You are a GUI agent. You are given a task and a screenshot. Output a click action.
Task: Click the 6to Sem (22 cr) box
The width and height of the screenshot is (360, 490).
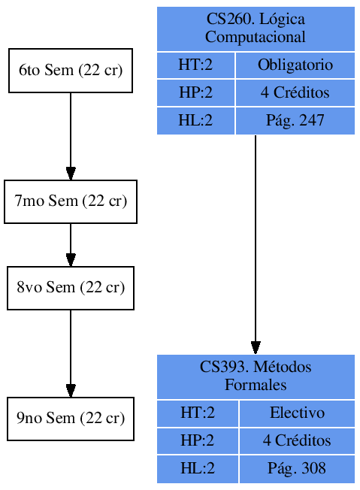point(71,71)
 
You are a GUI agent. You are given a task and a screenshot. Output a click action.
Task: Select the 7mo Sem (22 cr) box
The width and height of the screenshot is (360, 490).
point(71,201)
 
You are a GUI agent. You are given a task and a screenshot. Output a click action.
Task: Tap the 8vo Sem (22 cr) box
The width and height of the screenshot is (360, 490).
point(71,288)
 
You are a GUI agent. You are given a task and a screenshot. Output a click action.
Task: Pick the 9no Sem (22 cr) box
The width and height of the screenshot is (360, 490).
point(71,419)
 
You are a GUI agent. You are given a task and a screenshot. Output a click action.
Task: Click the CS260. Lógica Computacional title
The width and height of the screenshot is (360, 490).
point(256,29)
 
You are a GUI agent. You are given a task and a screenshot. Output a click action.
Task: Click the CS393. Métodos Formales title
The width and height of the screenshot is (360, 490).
point(256,376)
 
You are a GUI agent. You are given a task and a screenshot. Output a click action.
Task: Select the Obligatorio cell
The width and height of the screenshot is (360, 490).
point(295,65)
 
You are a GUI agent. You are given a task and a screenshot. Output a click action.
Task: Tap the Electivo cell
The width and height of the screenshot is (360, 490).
point(297,413)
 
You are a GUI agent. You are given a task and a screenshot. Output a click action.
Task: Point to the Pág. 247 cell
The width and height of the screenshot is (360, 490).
point(295,120)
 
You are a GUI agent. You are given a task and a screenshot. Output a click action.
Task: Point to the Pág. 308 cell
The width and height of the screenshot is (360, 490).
point(297,468)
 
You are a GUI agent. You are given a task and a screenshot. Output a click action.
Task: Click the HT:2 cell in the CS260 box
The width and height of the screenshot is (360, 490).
point(195,65)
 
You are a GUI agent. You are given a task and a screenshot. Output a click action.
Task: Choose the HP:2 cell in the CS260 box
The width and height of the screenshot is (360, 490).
point(195,93)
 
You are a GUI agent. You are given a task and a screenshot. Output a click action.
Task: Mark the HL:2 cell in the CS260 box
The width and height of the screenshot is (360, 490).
point(195,120)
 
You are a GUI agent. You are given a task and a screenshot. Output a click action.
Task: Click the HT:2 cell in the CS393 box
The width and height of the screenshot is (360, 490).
point(198,413)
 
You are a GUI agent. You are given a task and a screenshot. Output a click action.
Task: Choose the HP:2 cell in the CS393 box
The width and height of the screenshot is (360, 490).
point(198,440)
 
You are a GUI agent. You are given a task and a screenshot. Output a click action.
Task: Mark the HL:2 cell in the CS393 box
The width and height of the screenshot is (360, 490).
point(198,468)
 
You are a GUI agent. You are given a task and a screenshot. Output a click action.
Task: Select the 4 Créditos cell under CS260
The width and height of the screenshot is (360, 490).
point(295,93)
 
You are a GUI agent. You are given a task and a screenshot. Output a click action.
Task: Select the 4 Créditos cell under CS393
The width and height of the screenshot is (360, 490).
point(297,440)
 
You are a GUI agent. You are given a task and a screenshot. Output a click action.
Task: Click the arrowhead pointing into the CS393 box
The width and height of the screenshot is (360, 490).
point(256,347)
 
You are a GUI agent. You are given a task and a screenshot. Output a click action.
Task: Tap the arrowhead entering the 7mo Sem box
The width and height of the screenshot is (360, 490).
point(71,174)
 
